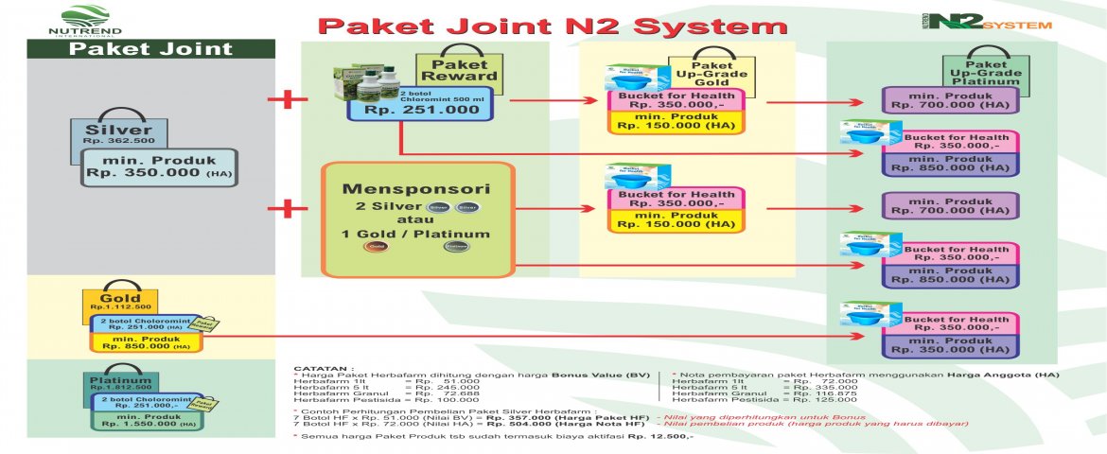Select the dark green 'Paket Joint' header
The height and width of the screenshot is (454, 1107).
pos(151,50)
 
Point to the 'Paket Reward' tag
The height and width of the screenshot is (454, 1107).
pos(453,69)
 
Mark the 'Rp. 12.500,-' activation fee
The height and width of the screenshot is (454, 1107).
pos(662,436)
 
